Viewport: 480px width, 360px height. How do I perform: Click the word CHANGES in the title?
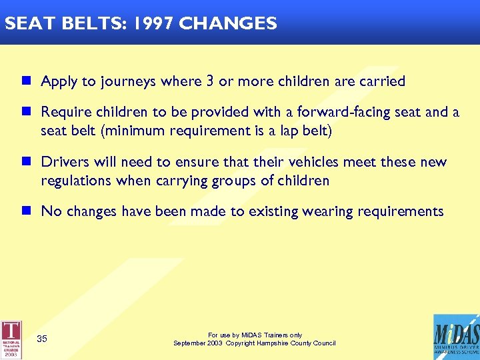point(228,24)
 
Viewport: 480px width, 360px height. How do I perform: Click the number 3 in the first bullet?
point(210,81)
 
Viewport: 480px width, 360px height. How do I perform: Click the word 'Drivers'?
point(63,162)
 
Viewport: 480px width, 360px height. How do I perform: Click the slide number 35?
point(42,339)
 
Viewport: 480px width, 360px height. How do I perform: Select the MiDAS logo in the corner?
point(455,337)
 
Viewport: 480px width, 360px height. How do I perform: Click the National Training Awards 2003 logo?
point(11,339)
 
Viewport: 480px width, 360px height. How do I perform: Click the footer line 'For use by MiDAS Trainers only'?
point(255,335)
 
